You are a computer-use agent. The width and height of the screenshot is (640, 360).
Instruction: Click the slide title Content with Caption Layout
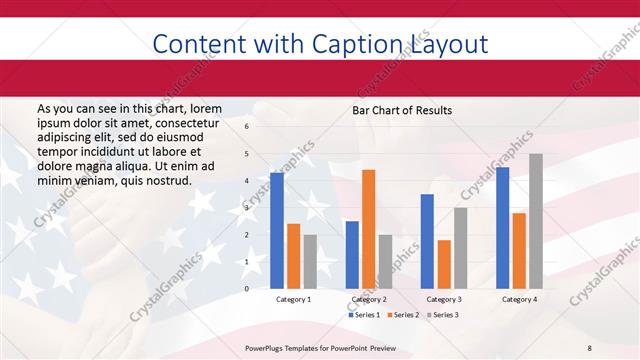click(320, 44)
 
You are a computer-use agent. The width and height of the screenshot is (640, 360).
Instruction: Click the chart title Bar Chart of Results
click(402, 110)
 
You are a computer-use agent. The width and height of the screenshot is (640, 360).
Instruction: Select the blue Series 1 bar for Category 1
click(277, 230)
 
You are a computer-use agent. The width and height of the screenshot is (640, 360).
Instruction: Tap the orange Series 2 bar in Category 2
click(368, 229)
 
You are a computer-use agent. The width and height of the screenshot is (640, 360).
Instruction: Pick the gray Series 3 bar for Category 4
click(535, 221)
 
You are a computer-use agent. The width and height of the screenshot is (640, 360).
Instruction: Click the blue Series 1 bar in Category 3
click(427, 241)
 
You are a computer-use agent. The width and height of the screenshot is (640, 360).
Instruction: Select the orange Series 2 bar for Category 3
click(444, 264)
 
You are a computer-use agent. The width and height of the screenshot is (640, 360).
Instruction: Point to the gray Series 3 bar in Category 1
click(310, 261)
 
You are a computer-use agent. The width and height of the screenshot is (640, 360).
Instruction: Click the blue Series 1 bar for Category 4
click(502, 228)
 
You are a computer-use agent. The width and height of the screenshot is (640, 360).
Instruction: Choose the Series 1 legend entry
click(365, 315)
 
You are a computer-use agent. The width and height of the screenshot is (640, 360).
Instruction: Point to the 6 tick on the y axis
click(247, 127)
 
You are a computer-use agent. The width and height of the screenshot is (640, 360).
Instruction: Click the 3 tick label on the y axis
click(247, 208)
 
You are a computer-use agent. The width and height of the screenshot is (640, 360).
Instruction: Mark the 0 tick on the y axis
click(247, 289)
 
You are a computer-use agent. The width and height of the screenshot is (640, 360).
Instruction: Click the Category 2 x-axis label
click(368, 299)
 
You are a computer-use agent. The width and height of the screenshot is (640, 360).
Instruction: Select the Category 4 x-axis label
click(518, 299)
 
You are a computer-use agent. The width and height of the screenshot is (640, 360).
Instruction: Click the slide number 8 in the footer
click(589, 346)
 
